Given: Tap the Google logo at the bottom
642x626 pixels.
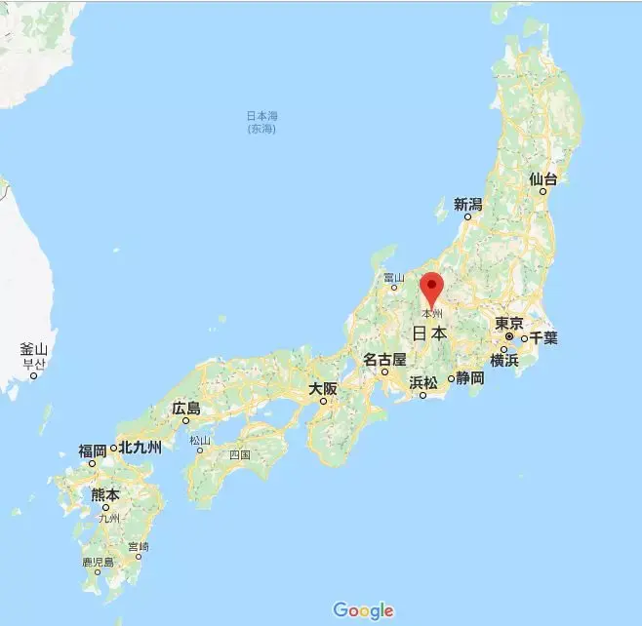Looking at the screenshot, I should (x=363, y=611).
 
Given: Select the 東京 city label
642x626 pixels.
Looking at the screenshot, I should (x=509, y=324).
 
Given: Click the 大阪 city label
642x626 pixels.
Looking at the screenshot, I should (x=323, y=388).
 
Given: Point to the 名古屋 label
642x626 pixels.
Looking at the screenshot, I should (x=384, y=360).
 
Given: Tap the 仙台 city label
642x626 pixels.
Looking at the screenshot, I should (x=543, y=179).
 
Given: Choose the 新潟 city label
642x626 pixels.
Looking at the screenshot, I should (x=467, y=205).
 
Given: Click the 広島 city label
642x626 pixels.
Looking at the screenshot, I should (x=185, y=409).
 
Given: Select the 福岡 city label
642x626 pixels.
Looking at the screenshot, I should (x=93, y=450).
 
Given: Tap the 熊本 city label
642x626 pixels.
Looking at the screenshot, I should (x=104, y=494).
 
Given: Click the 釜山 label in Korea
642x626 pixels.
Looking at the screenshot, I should (x=33, y=349).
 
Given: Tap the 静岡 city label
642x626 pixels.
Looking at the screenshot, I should (x=470, y=377).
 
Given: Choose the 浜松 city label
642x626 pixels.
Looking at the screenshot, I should (x=423, y=382).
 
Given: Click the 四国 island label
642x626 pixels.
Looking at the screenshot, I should (x=240, y=454).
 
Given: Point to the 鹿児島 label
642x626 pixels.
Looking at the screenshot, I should (x=98, y=563).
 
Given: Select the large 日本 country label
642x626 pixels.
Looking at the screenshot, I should (x=430, y=333).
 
